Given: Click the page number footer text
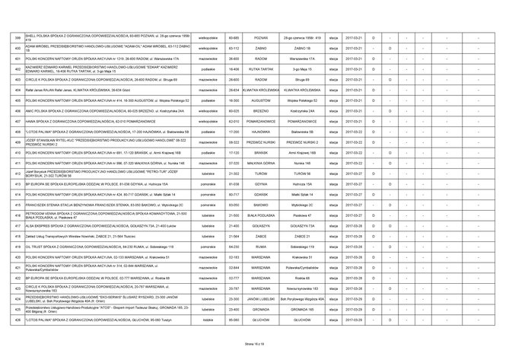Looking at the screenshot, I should [254, 345].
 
